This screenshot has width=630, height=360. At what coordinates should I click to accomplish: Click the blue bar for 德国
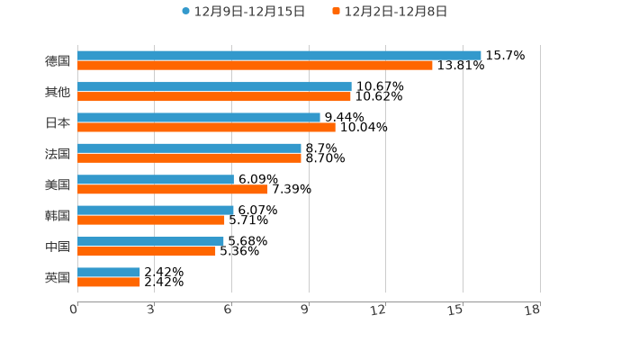(279, 55)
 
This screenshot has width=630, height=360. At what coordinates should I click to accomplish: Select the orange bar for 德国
(255, 66)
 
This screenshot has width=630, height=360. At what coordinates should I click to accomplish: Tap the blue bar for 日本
(199, 117)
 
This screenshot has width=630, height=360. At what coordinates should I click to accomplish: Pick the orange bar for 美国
(173, 189)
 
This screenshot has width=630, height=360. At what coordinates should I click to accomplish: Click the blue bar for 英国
(109, 272)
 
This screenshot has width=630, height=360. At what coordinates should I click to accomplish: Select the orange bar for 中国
(147, 251)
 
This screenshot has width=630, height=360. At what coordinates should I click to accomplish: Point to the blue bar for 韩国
(156, 210)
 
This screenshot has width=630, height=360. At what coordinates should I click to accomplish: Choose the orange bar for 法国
(189, 158)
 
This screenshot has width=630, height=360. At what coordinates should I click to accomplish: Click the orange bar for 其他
(214, 96)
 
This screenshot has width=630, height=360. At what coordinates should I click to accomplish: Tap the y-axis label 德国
(58, 60)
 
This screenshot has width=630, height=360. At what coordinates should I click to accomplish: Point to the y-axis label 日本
(58, 122)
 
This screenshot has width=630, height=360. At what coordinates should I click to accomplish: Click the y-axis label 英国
(58, 277)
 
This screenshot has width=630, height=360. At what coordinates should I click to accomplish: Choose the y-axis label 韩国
(58, 215)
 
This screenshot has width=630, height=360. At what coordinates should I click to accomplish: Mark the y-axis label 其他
(58, 92)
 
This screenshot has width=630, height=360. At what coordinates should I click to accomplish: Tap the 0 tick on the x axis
(74, 310)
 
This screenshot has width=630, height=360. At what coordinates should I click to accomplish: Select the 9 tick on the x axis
(305, 310)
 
